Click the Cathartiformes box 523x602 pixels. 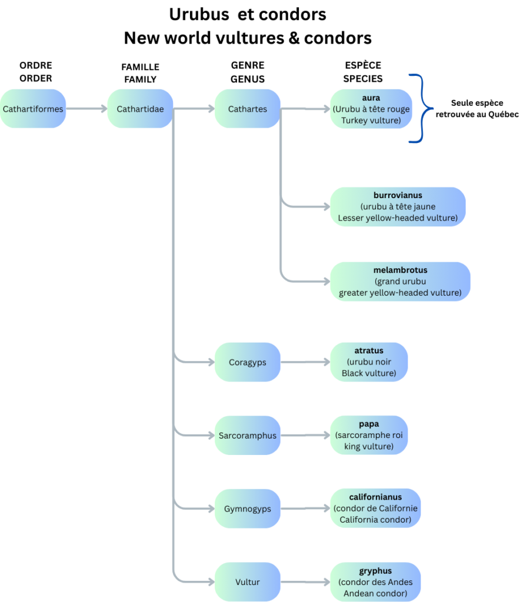click(33, 109)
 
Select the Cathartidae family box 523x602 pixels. click(140, 109)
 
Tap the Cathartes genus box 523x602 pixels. click(248, 109)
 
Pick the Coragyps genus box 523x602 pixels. click(248, 362)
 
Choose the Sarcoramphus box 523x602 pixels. click(248, 436)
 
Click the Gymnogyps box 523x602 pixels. click(248, 509)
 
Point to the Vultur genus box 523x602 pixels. click(248, 582)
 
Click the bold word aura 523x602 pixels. click(371, 98)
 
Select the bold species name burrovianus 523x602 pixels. click(398, 195)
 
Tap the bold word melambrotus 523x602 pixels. click(400, 270)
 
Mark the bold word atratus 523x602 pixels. click(369, 351)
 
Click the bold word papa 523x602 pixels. click(369, 424)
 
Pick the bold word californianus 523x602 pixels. click(375, 497)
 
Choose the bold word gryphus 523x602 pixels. click(375, 571)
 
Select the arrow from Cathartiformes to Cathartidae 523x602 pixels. click(86, 109)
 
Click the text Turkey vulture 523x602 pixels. click(371, 121)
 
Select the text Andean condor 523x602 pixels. click(375, 593)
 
